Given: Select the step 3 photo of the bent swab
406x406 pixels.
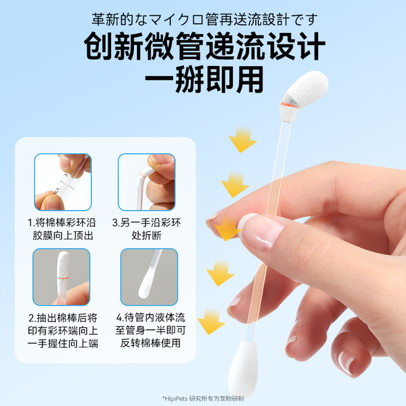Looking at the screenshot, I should click(146, 183).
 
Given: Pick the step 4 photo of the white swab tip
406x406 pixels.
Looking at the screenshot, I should click(146, 277).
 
